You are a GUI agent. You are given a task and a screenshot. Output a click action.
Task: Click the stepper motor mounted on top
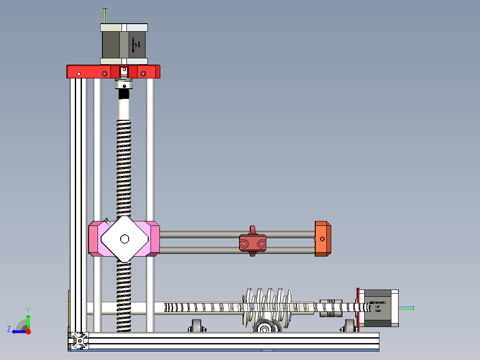pyautogui.click(x=124, y=44)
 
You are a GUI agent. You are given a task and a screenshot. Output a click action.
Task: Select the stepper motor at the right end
pyautogui.click(x=378, y=308)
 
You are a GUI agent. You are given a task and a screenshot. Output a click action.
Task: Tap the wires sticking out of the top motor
pyautogui.click(x=105, y=15)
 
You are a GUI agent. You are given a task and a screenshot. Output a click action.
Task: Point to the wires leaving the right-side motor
pyautogui.click(x=406, y=307)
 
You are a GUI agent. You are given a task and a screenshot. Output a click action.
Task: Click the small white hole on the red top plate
pyautogui.click(x=79, y=74)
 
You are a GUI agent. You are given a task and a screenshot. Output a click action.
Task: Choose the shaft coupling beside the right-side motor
pyautogui.click(x=331, y=307)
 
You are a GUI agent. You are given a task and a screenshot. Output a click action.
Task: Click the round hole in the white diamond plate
pyautogui.click(x=125, y=239)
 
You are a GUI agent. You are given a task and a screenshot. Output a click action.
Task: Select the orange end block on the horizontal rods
pyautogui.click(x=323, y=238)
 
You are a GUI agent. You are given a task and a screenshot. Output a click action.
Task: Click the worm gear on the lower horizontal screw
pyautogui.click(x=267, y=307)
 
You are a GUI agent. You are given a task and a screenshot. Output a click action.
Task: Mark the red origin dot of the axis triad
pyautogui.click(x=28, y=331)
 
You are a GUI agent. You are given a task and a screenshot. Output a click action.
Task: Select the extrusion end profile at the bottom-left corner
pyautogui.click(x=79, y=341)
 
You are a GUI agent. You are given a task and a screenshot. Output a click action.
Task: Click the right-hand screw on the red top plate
pyautogui.click(x=143, y=74)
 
